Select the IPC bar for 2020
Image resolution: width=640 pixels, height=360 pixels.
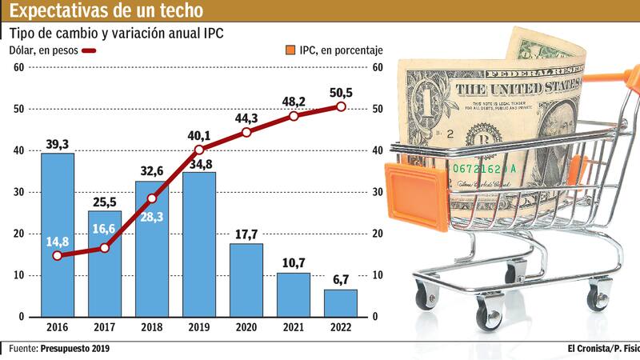[246, 280]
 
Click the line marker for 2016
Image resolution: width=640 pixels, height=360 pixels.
[58, 256]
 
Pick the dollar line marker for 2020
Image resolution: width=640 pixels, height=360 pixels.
[246, 132]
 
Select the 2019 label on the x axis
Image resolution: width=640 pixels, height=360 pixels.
[199, 328]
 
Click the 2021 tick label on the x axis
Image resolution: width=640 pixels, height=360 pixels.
[294, 328]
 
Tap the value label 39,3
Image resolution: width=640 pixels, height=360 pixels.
[58, 144]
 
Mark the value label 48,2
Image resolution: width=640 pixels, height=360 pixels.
[294, 102]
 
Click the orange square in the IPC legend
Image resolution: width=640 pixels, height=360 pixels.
[290, 50]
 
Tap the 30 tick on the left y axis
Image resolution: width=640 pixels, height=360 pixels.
[18, 192]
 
